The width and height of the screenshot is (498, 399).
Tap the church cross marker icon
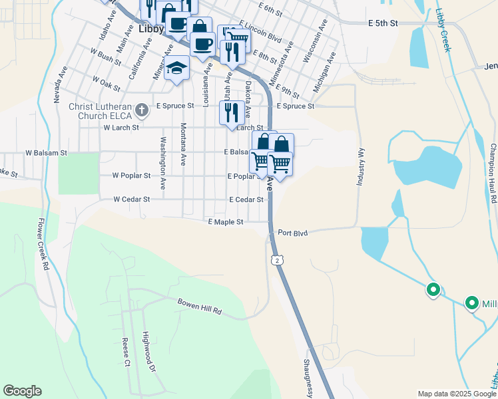140,109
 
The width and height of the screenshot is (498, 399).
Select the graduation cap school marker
177,68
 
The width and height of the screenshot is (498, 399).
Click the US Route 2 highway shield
276,260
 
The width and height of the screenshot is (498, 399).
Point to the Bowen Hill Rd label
198,306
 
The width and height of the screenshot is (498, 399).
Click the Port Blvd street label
293,233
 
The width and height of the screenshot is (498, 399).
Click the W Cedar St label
131,199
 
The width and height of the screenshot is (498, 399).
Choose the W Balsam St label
47,152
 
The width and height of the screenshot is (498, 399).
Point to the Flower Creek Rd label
44,244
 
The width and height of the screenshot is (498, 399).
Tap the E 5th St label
383,23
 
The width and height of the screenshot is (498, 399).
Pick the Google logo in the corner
22,391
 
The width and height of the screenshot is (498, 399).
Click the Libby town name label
151,30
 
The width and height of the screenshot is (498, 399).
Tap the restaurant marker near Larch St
231,112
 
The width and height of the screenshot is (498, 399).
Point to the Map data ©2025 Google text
456,394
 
